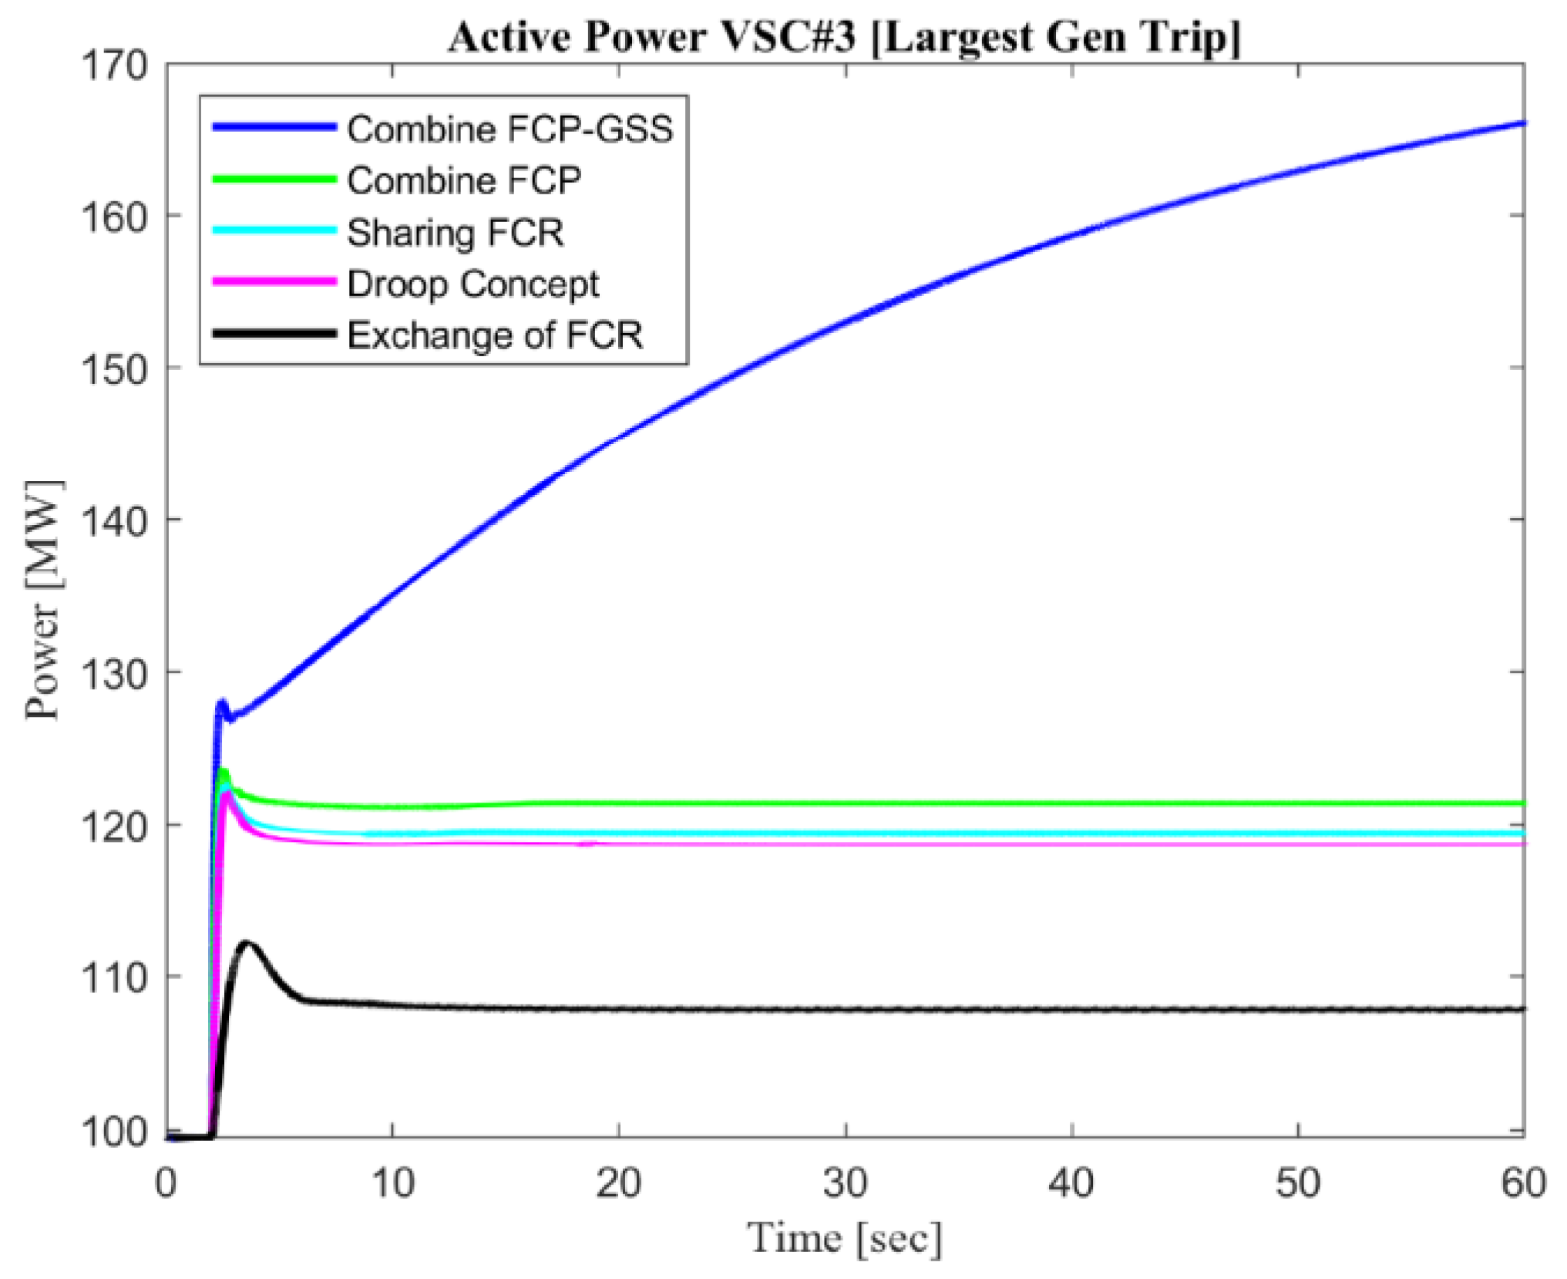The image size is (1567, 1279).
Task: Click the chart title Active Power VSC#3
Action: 845,36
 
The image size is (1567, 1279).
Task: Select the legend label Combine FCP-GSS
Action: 509,129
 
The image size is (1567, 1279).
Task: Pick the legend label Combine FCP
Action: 464,180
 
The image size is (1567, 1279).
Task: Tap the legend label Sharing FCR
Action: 455,232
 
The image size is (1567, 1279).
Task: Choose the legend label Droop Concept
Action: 472,284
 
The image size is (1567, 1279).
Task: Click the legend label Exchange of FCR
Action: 495,335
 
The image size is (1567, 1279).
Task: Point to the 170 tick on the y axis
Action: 114,66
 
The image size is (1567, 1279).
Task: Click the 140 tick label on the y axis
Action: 114,522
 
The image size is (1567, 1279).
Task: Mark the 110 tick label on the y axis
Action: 114,978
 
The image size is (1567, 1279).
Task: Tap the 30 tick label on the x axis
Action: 846,1182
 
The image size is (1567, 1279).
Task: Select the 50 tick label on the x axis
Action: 1298,1182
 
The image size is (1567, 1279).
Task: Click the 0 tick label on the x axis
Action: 166,1182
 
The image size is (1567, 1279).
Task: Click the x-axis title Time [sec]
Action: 845,1238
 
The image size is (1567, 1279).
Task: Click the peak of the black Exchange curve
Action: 247,944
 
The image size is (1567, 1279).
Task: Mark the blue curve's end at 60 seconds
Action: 1522,123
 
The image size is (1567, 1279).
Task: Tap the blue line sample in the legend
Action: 274,127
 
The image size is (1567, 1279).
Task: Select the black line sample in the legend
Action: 274,334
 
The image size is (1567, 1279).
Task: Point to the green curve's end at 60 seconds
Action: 1522,803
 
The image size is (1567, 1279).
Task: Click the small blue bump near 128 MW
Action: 222,703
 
